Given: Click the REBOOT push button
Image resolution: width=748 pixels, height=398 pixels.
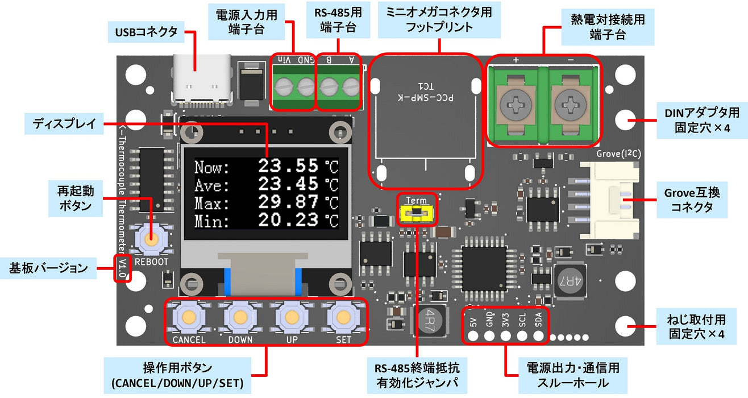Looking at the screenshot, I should [151, 239].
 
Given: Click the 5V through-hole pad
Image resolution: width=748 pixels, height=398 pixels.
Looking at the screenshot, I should [472, 335].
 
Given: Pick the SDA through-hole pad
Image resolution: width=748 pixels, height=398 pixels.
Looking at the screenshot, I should [539, 335].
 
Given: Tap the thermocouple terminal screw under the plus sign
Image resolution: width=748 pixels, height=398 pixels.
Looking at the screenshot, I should [516, 103].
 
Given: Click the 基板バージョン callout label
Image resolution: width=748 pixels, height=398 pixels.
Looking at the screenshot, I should [48, 267].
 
